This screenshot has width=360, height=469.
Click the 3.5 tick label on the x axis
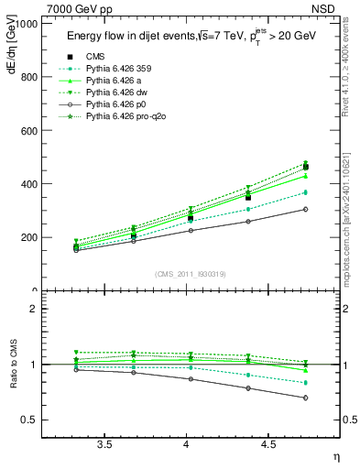[105, 445]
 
